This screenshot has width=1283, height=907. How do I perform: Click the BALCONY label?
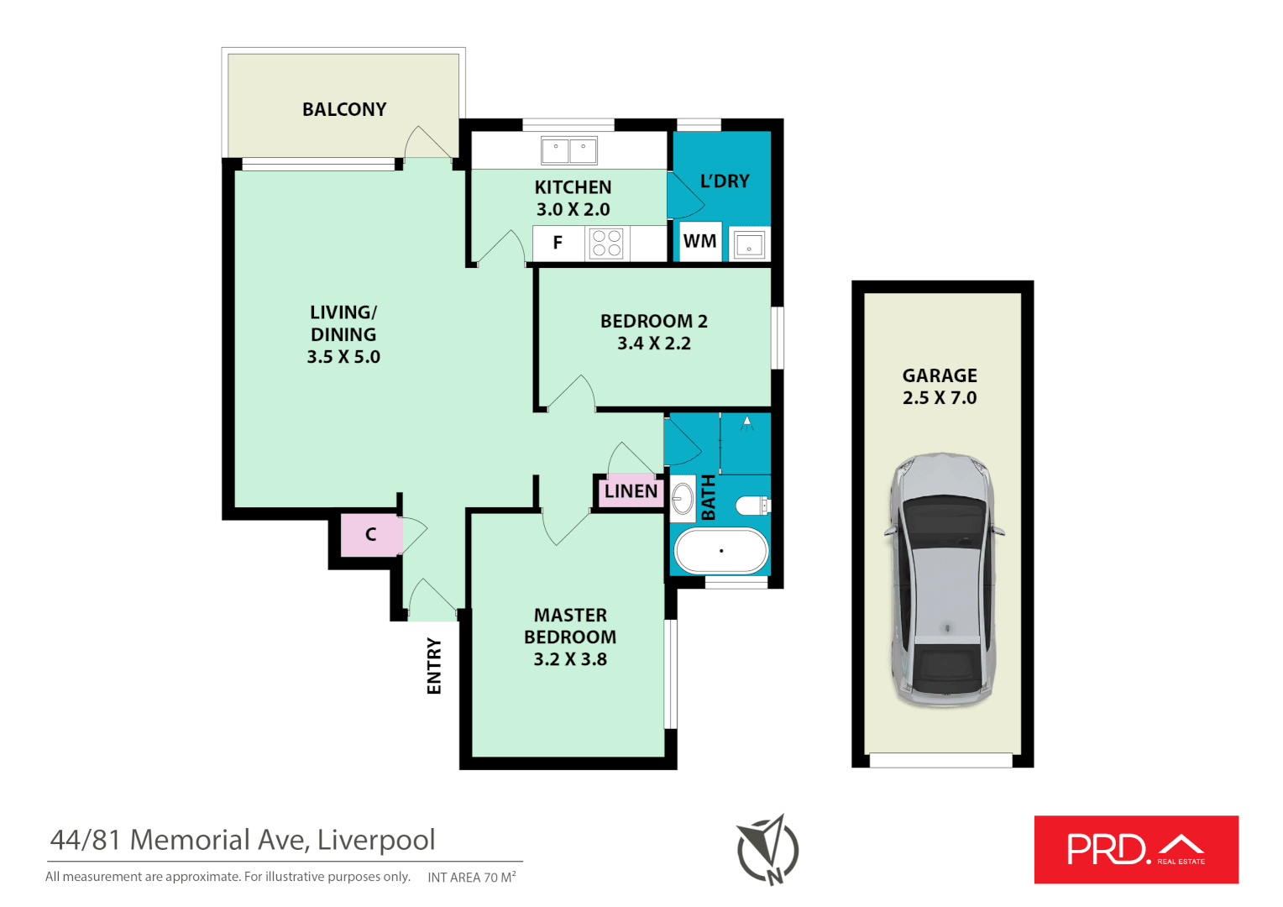point(344,109)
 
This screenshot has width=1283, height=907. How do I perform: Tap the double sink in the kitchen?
point(568,151)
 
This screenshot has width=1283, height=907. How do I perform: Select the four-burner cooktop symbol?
point(606,243)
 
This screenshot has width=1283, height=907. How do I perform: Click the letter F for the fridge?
point(558,243)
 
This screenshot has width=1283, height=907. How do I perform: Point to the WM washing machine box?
point(699,241)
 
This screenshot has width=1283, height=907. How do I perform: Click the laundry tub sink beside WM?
point(748,244)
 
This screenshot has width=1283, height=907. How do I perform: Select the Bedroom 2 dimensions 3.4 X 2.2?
point(653,343)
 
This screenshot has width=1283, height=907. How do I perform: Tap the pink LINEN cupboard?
point(631,491)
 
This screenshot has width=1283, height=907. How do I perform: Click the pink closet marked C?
point(370,535)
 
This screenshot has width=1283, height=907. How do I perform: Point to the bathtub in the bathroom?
point(720,551)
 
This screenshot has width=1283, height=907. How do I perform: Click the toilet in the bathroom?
point(751,506)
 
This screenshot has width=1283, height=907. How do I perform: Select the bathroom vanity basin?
point(682,498)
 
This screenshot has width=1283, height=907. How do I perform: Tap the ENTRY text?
point(434,666)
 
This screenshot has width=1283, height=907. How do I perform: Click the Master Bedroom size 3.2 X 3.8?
point(570,659)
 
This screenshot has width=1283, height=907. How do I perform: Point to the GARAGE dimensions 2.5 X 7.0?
point(940,398)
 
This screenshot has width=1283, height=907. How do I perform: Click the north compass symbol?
point(768,850)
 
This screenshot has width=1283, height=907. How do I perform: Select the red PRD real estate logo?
point(1136,849)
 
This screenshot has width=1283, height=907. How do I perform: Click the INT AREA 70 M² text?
point(471,878)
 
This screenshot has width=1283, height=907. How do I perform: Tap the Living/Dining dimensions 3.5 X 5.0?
point(343,357)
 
